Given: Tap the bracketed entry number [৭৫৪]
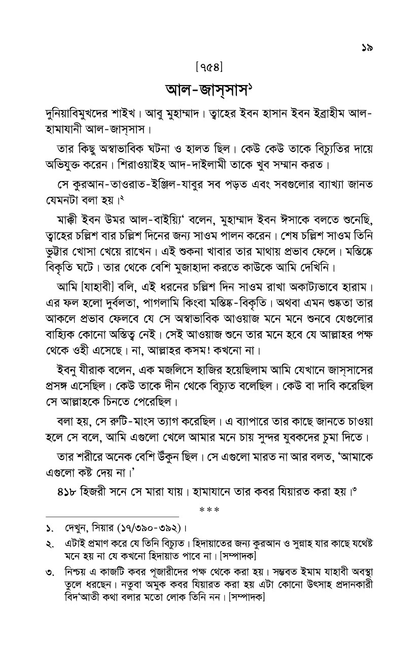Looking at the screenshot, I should click(209, 66).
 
